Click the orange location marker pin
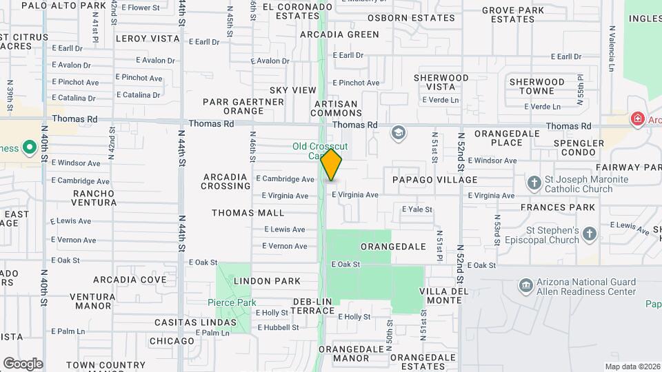(x=332, y=165)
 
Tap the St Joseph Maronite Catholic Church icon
(x=534, y=183)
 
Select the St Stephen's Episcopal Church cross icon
(x=589, y=234)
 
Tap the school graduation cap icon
(x=398, y=132)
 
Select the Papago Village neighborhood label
(x=434, y=180)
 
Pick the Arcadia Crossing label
(x=226, y=182)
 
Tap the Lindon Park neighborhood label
(x=267, y=281)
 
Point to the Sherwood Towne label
(x=541, y=86)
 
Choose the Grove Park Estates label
(x=513, y=14)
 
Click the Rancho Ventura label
(x=94, y=198)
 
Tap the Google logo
(x=23, y=363)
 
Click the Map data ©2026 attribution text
(x=632, y=366)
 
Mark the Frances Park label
(x=568, y=207)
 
